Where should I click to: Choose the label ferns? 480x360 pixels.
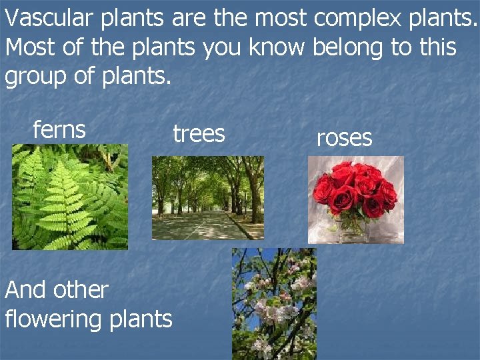(x=59, y=129)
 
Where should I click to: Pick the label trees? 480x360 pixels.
(x=199, y=134)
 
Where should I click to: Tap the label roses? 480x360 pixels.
(x=344, y=137)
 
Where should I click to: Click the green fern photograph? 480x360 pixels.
(x=69, y=197)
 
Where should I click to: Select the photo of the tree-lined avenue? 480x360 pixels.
(x=207, y=197)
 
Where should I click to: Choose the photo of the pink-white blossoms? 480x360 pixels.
(x=274, y=303)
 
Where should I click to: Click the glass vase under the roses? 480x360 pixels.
(x=353, y=229)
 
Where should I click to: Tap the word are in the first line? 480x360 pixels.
(x=189, y=19)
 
